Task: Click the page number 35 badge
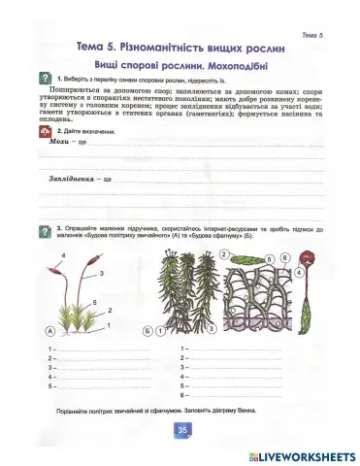(180, 430)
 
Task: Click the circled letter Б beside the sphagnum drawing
(146, 329)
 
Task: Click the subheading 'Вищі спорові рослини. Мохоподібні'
(180, 64)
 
